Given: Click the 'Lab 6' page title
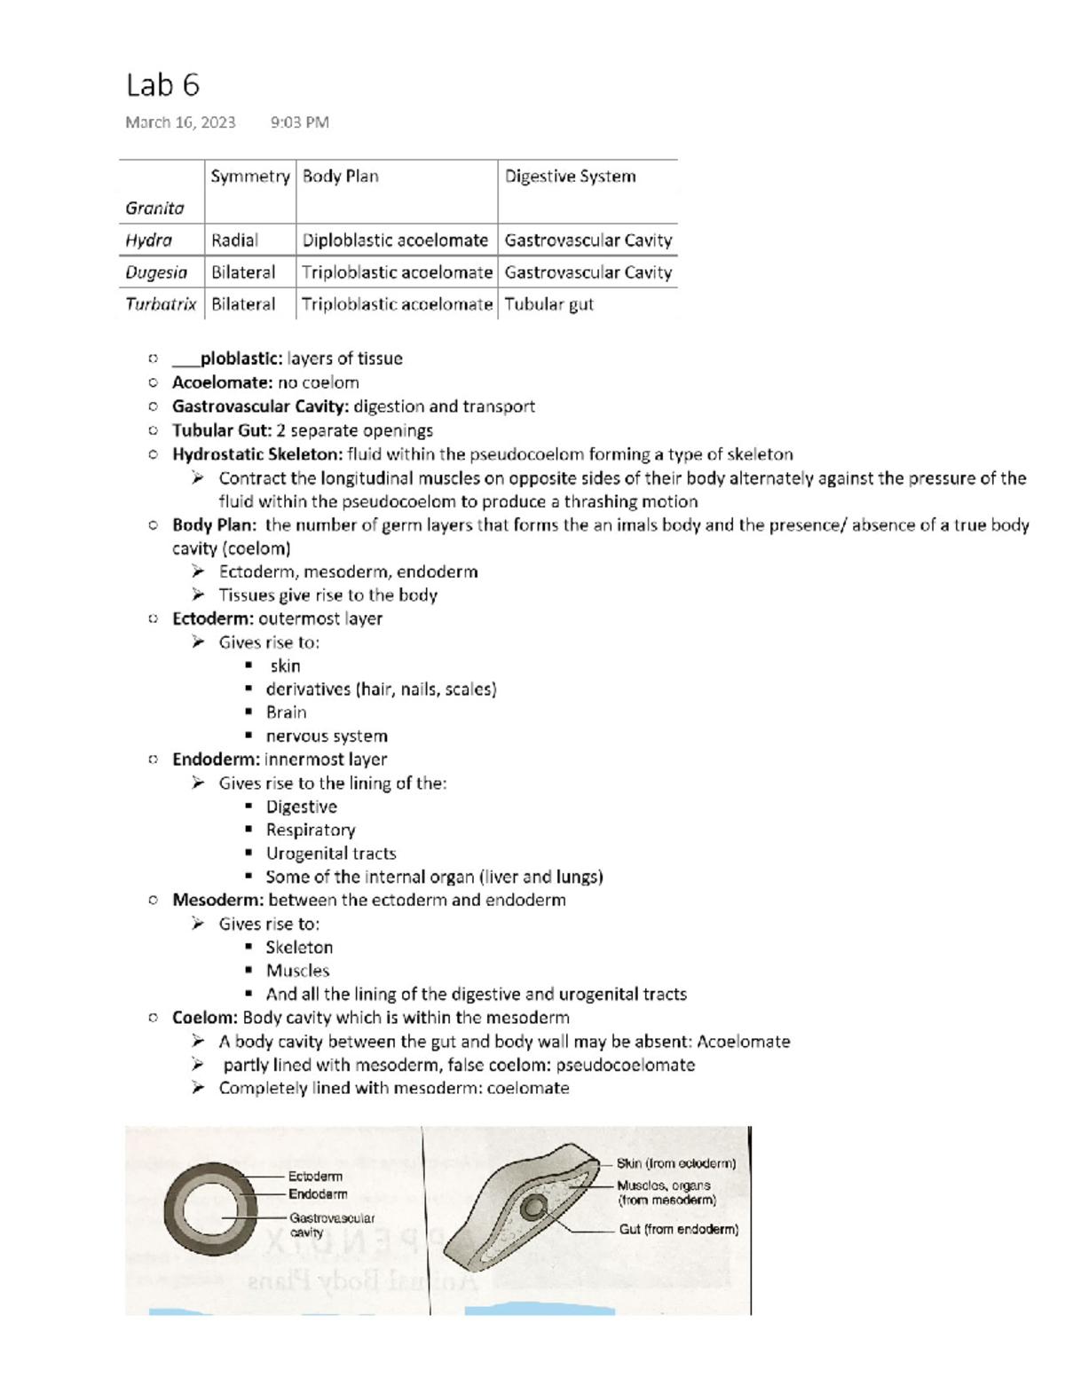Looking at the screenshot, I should [162, 85].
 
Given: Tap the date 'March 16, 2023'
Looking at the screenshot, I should [180, 122].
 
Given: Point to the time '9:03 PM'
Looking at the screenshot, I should [299, 122].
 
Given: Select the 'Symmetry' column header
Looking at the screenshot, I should [250, 177].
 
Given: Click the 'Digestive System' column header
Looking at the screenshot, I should [570, 177].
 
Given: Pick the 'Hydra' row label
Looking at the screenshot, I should [148, 240].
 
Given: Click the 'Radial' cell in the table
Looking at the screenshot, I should [234, 240].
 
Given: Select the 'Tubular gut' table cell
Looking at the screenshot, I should [548, 304].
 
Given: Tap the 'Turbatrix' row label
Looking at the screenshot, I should [161, 304].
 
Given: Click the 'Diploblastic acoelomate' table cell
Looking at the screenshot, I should [395, 240].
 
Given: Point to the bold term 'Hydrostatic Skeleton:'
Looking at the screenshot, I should [256, 454].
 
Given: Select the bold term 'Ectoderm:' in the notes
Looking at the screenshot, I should [213, 618].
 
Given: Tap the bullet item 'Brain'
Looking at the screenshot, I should [286, 713].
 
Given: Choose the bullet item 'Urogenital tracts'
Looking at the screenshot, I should [331, 854].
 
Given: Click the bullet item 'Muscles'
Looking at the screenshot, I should [297, 971].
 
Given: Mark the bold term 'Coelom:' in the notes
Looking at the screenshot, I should [205, 1018].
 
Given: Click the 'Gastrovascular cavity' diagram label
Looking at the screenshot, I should [331, 1225].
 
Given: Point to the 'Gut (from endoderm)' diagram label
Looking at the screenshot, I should [678, 1230].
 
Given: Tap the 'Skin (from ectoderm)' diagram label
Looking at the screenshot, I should [676, 1163].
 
